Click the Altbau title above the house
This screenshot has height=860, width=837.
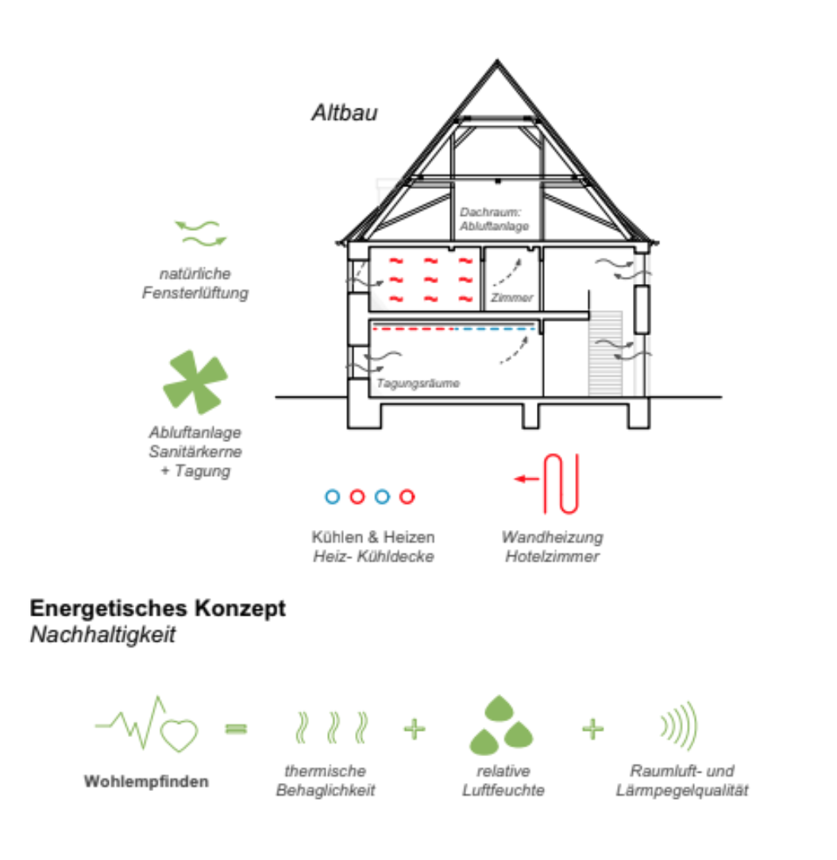pyautogui.click(x=345, y=113)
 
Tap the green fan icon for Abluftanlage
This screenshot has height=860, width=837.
pyautogui.click(x=195, y=382)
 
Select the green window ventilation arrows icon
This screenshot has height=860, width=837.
pyautogui.click(x=201, y=233)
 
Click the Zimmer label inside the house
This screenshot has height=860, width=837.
pyautogui.click(x=512, y=298)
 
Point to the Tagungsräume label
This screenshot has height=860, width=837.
pyautogui.click(x=418, y=383)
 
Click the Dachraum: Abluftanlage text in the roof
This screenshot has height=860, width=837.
pyautogui.click(x=494, y=219)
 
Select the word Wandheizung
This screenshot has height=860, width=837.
pyautogui.click(x=552, y=537)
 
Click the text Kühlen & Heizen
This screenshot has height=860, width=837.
pyautogui.click(x=373, y=536)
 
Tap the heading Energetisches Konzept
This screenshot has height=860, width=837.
pyautogui.click(x=157, y=609)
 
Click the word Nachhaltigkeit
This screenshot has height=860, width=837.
pyautogui.click(x=102, y=635)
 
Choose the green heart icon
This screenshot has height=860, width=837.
pyautogui.click(x=179, y=735)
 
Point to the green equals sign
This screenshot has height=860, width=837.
pyautogui.click(x=236, y=728)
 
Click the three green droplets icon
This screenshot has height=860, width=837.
pyautogui.click(x=500, y=725)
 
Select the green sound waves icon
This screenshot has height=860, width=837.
pyautogui.click(x=679, y=725)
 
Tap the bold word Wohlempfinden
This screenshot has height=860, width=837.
pyautogui.click(x=146, y=781)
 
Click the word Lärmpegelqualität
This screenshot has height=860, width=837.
pyautogui.click(x=681, y=790)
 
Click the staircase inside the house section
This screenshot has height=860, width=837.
pyautogui.click(x=605, y=353)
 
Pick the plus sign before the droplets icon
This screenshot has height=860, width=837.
pyautogui.click(x=415, y=729)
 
